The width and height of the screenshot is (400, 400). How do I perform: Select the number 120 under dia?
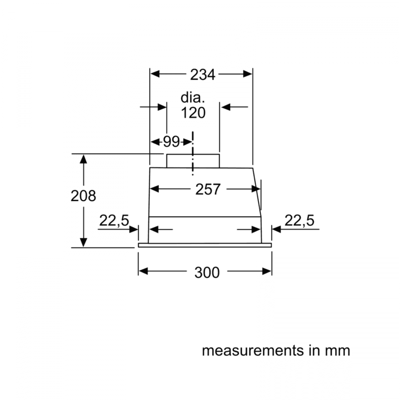[x=193, y=112]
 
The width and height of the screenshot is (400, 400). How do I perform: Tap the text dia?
[x=193, y=98]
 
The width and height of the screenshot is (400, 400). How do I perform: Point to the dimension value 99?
[x=171, y=142]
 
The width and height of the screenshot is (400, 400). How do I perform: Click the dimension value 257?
[x=208, y=190]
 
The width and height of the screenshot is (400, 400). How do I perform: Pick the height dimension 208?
[x=83, y=195]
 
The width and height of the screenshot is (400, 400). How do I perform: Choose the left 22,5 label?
[x=114, y=221]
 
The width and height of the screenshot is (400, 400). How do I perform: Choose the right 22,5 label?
[x=299, y=221]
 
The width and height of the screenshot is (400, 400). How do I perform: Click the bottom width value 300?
[x=207, y=272]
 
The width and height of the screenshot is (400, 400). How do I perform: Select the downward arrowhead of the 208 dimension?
[x=84, y=242]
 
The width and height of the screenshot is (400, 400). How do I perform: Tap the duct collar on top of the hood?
[x=193, y=161]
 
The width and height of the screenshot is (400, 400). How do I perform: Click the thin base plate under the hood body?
[x=205, y=245]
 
